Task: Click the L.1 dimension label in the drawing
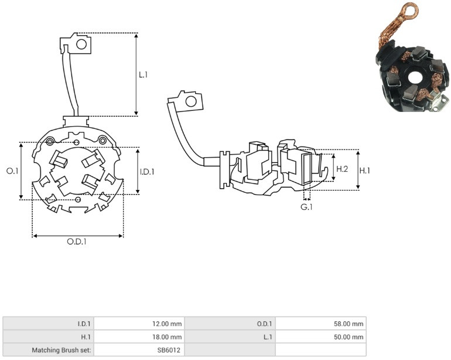pyautogui.click(x=143, y=75)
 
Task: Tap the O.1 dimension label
pyautogui.click(x=12, y=171)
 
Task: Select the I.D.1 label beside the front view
pyautogui.click(x=147, y=172)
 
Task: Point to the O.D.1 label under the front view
pyautogui.click(x=77, y=242)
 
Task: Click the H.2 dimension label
pyautogui.click(x=342, y=169)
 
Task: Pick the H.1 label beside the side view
pyautogui.click(x=365, y=171)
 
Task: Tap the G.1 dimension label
pyautogui.click(x=306, y=207)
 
